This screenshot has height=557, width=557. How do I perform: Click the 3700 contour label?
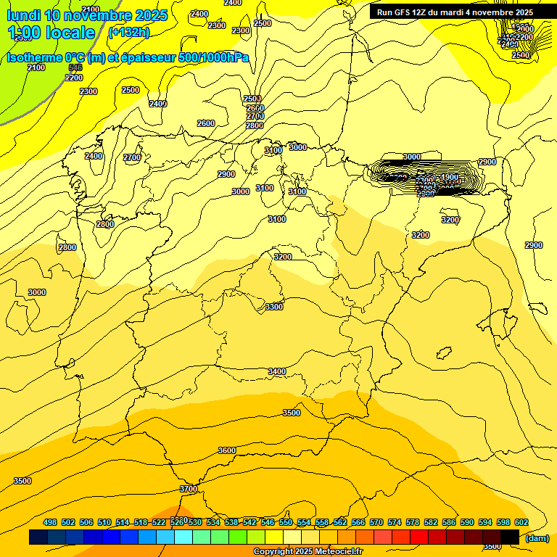[189, 489]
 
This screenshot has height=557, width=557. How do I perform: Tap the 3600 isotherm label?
[227, 450]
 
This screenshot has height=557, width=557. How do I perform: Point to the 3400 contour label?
[277, 371]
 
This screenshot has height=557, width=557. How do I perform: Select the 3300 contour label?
[274, 307]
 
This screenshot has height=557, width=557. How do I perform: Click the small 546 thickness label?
[75, 67]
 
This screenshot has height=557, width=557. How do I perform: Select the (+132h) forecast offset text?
[128, 32]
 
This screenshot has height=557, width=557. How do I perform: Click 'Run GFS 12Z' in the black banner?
[403, 12]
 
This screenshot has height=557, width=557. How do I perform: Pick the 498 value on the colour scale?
[50, 522]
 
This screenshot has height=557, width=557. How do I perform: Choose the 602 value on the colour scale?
[521, 522]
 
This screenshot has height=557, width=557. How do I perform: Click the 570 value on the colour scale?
[376, 522]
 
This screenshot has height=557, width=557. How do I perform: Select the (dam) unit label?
[537, 537]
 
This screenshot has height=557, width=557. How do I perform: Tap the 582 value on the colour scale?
[431, 522]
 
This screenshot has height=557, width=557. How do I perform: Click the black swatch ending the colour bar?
[510, 537]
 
